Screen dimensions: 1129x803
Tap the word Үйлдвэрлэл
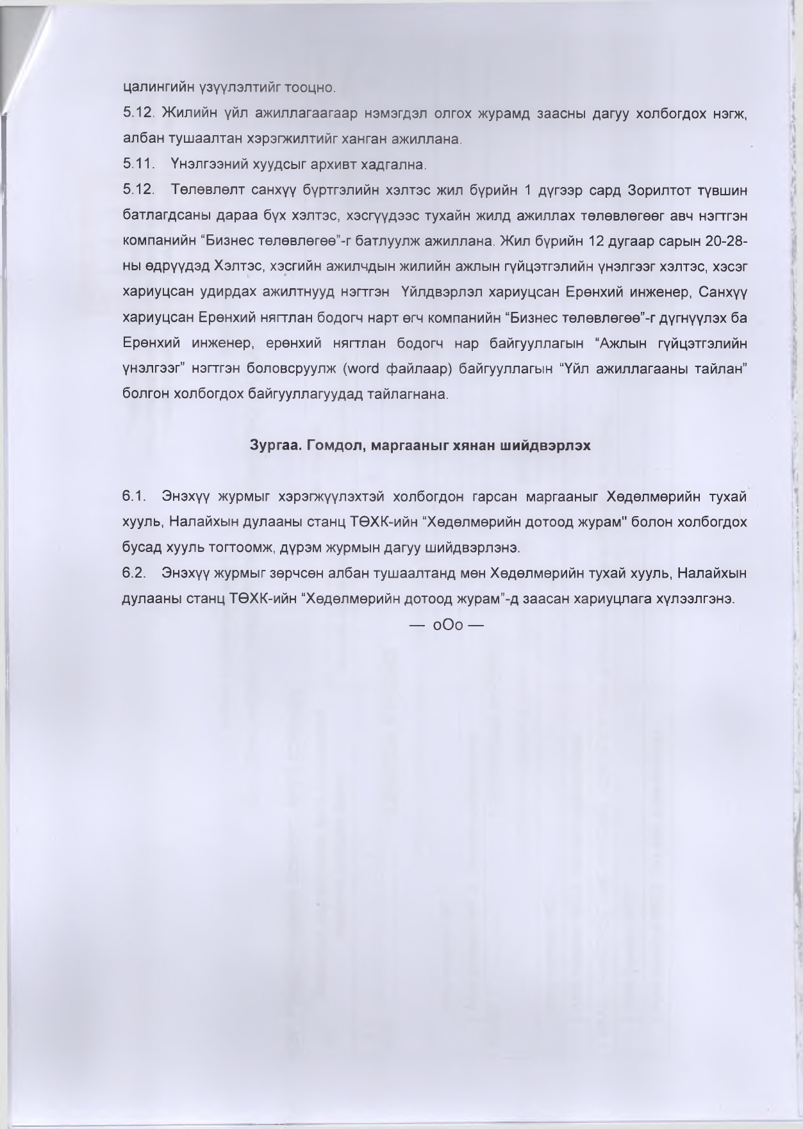click(439, 293)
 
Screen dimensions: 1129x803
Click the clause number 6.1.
click(135, 496)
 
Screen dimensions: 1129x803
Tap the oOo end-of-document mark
click(447, 625)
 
